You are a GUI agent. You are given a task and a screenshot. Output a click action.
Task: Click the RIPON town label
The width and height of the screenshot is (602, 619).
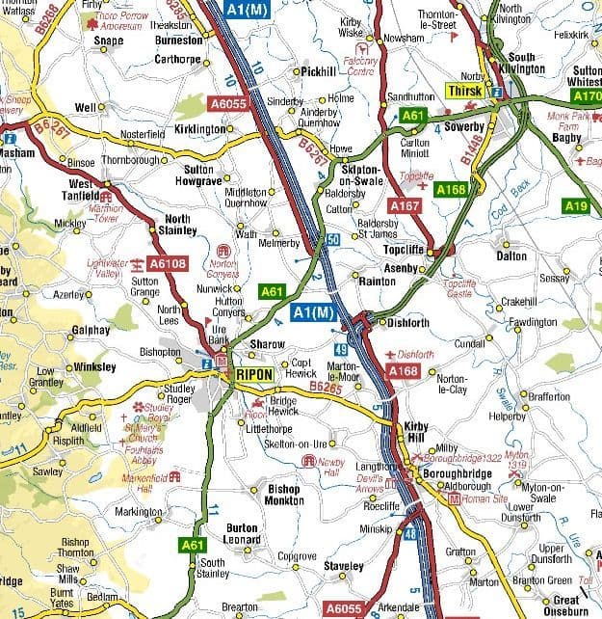(x=253, y=374)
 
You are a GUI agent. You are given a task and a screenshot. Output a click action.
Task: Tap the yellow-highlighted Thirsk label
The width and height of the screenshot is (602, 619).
(x=466, y=93)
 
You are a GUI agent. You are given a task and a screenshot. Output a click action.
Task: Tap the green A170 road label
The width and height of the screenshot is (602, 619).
(x=586, y=97)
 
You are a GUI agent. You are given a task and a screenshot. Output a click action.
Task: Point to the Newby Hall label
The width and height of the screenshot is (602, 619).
(x=331, y=469)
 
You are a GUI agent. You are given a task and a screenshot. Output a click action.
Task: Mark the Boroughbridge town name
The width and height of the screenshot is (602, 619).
(x=458, y=473)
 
